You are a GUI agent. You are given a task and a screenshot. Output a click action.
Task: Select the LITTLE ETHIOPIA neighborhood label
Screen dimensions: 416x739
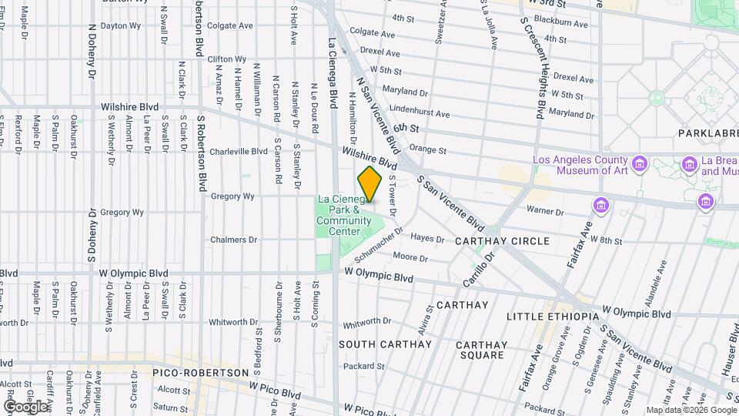[553, 317]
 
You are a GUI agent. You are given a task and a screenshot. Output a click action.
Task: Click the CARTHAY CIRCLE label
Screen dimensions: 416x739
[502, 241]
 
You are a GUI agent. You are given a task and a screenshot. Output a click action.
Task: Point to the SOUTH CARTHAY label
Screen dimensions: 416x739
[385, 344]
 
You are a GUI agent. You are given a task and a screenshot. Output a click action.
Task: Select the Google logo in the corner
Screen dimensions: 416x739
[25, 406]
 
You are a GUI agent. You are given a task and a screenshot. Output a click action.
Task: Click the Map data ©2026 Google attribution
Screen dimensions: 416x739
[691, 410]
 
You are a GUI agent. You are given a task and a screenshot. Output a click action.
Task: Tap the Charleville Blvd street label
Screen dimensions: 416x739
[239, 152]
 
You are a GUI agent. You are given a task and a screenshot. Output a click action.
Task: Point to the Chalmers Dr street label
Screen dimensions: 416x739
[234, 240]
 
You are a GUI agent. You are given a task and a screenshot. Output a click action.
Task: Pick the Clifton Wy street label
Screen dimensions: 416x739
[226, 59]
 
